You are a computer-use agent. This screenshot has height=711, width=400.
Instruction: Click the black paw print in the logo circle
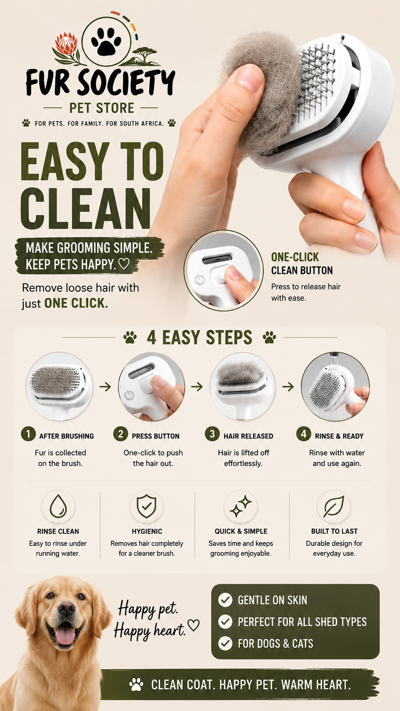[106, 41]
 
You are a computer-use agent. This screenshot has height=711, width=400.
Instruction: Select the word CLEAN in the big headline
[85, 208]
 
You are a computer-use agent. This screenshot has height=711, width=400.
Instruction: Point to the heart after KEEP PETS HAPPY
[124, 264]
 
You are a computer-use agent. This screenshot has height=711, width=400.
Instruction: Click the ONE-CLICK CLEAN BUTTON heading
[302, 264]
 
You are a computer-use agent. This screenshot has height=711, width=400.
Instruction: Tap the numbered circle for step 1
[28, 434]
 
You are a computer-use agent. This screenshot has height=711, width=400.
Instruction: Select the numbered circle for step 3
[212, 434]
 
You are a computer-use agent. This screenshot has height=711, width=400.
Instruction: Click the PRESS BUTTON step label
[156, 436]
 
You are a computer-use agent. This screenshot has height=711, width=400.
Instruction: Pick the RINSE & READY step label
[339, 436]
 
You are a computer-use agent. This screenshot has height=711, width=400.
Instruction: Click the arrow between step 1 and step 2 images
[105, 387]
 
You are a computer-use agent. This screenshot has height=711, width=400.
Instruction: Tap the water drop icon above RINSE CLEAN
[58, 506]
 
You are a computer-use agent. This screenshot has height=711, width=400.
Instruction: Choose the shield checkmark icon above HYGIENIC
[146, 506]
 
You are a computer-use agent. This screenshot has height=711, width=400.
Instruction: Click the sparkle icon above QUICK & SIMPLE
[241, 506]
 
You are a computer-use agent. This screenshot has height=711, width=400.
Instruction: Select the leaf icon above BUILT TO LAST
[334, 506]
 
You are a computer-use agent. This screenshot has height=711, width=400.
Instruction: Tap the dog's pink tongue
[65, 634]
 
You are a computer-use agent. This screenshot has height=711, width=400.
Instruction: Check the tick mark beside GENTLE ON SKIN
[225, 600]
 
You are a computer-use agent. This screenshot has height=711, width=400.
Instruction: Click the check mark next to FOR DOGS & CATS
[225, 643]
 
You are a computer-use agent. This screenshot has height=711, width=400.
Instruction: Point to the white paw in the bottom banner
[136, 685]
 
